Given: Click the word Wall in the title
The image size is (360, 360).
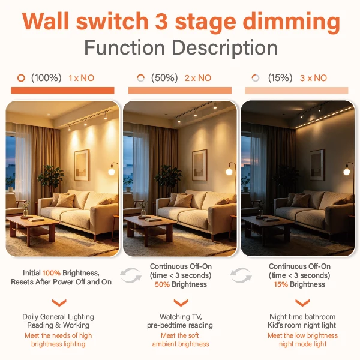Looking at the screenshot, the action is (x=46, y=21).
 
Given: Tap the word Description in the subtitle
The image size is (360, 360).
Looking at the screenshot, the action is (x=225, y=49).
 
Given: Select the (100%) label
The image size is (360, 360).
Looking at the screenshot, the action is (x=46, y=78).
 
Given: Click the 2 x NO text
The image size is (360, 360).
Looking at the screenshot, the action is (x=198, y=78).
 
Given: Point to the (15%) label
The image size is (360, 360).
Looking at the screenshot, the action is (x=280, y=78).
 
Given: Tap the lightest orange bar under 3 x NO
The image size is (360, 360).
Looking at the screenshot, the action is (x=296, y=90).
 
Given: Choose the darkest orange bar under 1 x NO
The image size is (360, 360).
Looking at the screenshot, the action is (x=62, y=90).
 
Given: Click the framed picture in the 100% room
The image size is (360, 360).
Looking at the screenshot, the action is (x=82, y=164).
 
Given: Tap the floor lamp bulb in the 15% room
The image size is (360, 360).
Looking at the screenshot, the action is (x=347, y=171).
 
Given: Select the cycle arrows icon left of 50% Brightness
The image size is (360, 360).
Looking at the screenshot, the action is (x=131, y=275).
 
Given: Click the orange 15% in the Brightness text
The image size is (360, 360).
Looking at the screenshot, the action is (x=281, y=284).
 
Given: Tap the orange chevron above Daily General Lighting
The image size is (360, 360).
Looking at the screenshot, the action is (x=59, y=303).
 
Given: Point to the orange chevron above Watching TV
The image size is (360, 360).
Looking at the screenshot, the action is (x=181, y=303).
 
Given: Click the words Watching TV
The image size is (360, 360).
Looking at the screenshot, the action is (x=181, y=317).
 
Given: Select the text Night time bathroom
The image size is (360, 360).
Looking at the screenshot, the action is (x=302, y=317).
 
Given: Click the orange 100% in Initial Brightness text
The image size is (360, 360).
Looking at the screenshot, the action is (x=52, y=273).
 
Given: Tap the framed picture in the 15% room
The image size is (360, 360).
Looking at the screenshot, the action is (x=317, y=165).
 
